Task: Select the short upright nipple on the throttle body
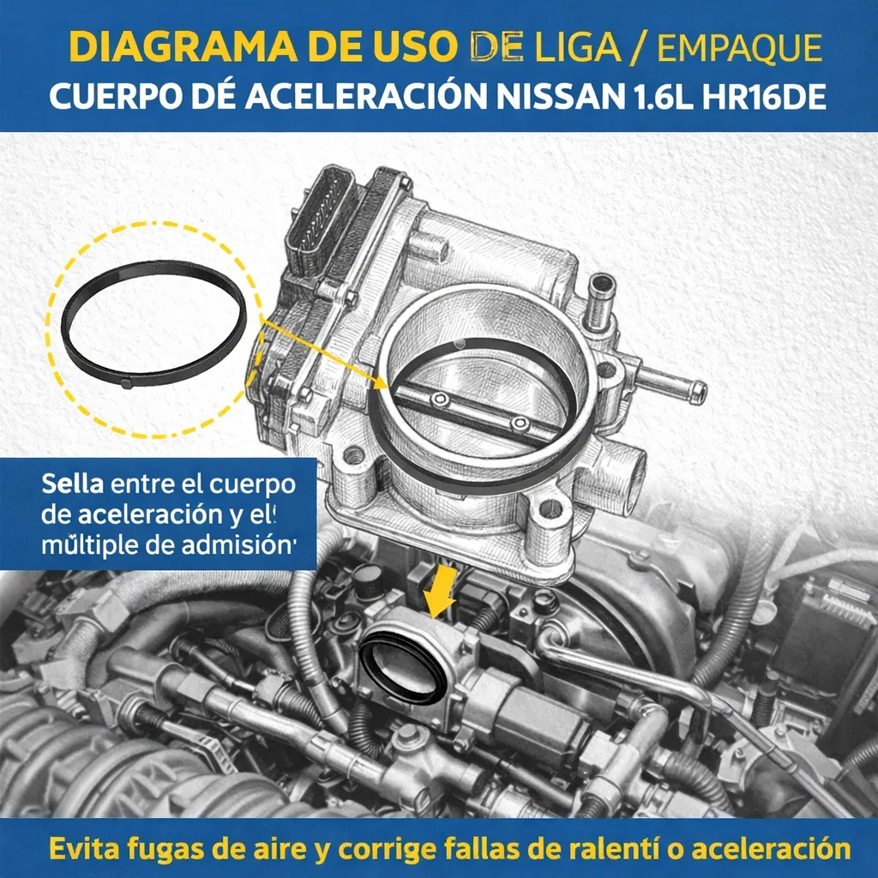[601, 300]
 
